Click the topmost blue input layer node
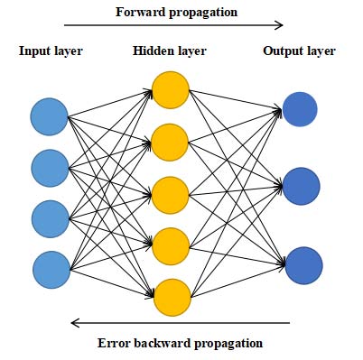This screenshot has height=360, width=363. [x=50, y=116]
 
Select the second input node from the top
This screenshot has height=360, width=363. [x=50, y=168]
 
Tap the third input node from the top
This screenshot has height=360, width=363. [x=50, y=218]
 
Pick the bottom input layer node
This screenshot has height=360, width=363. [x=51, y=269]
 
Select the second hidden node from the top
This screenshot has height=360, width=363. [x=171, y=141]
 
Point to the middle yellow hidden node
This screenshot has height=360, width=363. [x=171, y=193]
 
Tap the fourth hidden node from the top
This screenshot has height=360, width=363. [x=171, y=245]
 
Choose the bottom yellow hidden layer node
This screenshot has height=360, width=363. [x=171, y=296]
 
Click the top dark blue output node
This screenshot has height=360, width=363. [x=300, y=109]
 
